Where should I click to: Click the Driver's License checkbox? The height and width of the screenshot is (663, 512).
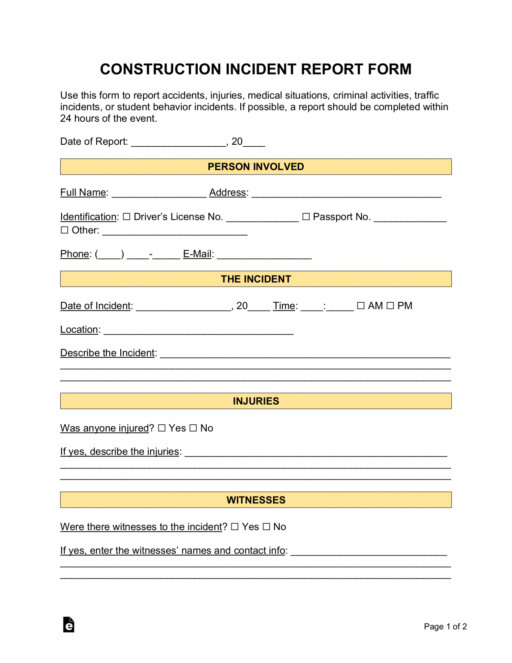[126, 217]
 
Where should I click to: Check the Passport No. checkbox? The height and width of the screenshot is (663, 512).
[306, 217]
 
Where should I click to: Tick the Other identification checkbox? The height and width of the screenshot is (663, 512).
[65, 230]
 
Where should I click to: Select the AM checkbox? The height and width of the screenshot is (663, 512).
[361, 306]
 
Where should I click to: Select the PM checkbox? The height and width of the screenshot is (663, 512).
[390, 306]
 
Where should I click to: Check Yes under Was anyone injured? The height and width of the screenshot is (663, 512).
[162, 428]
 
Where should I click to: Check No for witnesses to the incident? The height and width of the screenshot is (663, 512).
[266, 527]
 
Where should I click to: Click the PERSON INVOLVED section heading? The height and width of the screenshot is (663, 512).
[256, 167]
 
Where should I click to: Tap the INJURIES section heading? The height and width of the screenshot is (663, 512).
[256, 401]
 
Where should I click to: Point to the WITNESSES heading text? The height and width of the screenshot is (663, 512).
[256, 500]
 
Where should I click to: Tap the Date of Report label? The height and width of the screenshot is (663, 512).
[94, 141]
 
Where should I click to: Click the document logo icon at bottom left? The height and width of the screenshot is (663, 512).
[69, 624]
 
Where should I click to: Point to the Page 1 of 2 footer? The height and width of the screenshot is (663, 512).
[445, 626]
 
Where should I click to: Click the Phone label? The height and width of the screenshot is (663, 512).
[74, 254]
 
